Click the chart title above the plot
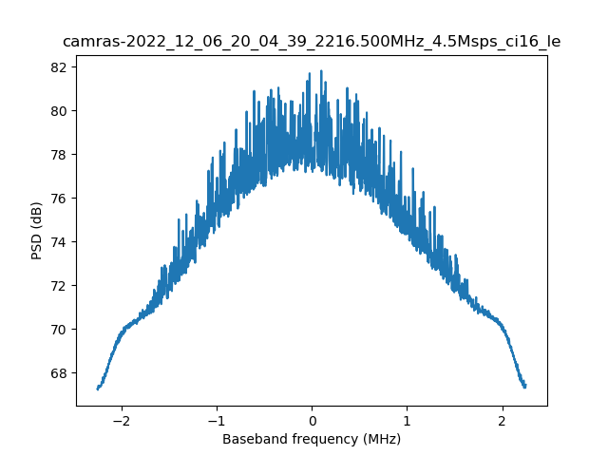(312, 42)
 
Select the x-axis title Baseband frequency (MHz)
(312, 439)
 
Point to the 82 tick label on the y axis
(59, 67)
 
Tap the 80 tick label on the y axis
(59, 111)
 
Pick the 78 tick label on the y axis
(59, 155)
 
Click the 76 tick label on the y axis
(59, 199)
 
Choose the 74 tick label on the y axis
(59, 242)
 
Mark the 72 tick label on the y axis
(59, 286)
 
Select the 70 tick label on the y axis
(59, 330)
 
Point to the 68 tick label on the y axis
(59, 373)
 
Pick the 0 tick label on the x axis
(312, 420)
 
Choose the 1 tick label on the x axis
(407, 420)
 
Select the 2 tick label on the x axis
(502, 420)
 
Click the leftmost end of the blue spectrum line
(98, 388)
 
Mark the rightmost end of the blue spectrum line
(525, 387)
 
